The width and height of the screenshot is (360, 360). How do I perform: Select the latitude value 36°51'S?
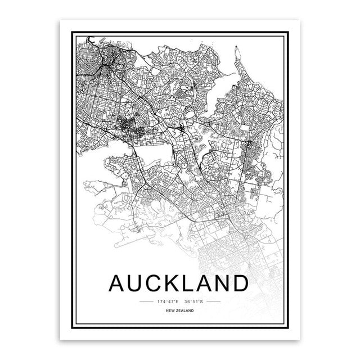pos(194,302)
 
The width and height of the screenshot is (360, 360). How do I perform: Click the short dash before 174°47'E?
pos(145,302)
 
